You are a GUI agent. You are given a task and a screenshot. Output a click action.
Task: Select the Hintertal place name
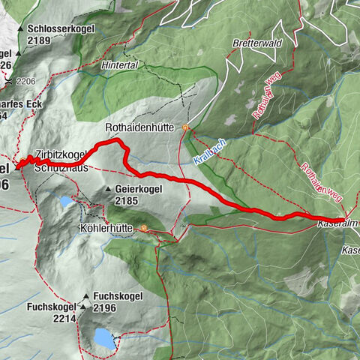point(119,66)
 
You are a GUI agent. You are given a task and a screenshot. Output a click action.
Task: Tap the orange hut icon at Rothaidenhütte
point(185,128)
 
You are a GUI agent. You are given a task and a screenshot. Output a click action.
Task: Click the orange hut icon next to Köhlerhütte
point(143,229)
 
